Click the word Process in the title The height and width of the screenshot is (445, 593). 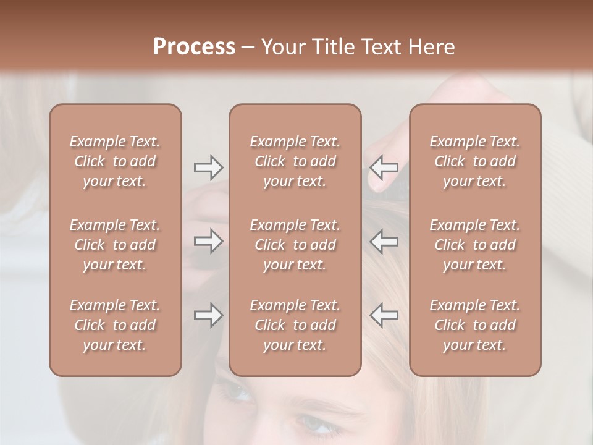(x=194, y=47)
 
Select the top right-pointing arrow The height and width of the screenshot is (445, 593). (x=208, y=167)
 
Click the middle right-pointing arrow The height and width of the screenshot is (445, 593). (x=208, y=241)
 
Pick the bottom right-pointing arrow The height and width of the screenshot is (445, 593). (x=208, y=315)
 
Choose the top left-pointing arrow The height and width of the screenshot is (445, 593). (x=384, y=167)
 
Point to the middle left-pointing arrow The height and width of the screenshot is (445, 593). (x=384, y=241)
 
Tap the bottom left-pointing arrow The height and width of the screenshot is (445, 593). (x=384, y=315)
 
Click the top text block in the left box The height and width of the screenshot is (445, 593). (x=115, y=161)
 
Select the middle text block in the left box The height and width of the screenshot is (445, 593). (x=115, y=245)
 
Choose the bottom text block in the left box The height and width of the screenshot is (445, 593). (x=115, y=325)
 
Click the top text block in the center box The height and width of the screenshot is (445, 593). (x=295, y=161)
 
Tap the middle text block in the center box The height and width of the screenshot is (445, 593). (x=295, y=245)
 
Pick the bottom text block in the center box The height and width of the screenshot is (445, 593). (x=295, y=325)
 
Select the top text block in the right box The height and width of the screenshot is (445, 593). (x=474, y=161)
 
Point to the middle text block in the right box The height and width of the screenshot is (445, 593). (x=474, y=245)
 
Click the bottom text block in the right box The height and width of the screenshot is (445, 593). (x=474, y=325)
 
